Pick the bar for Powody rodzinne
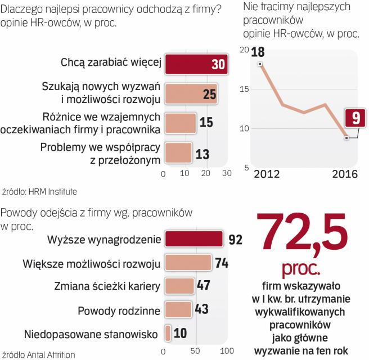178,310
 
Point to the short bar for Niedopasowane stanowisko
168,334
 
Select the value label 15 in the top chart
206,123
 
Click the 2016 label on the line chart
343,174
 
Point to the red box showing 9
355,119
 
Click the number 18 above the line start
258,52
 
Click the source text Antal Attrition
51,355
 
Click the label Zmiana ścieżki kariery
107,286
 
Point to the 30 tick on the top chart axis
226,174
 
